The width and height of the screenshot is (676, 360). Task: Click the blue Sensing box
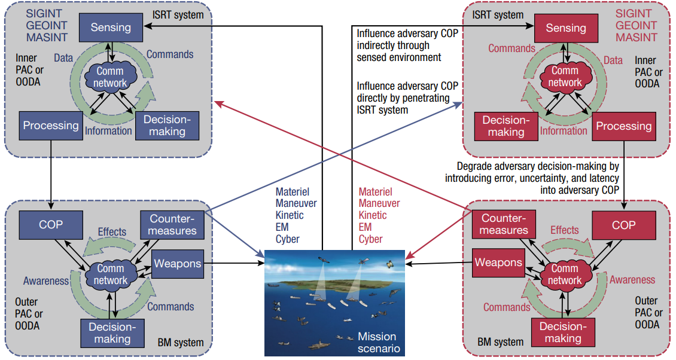111,28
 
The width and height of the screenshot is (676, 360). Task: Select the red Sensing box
566,28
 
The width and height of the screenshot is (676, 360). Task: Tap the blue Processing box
51,126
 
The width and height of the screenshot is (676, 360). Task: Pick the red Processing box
624,126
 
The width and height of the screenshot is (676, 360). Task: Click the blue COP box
51,225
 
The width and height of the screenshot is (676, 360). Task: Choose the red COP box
624,225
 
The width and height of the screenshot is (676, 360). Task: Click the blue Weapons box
178,264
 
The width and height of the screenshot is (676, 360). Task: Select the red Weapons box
498,263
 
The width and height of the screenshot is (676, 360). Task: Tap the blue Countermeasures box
172,225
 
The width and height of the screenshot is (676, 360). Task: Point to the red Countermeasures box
504,224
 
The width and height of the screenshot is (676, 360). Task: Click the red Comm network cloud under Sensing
565,77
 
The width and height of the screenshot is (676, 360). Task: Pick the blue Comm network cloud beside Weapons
111,274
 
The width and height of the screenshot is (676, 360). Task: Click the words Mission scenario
379,342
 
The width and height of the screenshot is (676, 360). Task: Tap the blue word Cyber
288,239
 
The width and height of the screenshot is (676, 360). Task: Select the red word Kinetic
373,215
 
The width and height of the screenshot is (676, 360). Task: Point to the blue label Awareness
46,281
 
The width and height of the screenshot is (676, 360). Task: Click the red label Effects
564,230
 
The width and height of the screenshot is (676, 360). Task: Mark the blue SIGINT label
44,14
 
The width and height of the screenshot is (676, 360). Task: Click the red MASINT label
637,38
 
